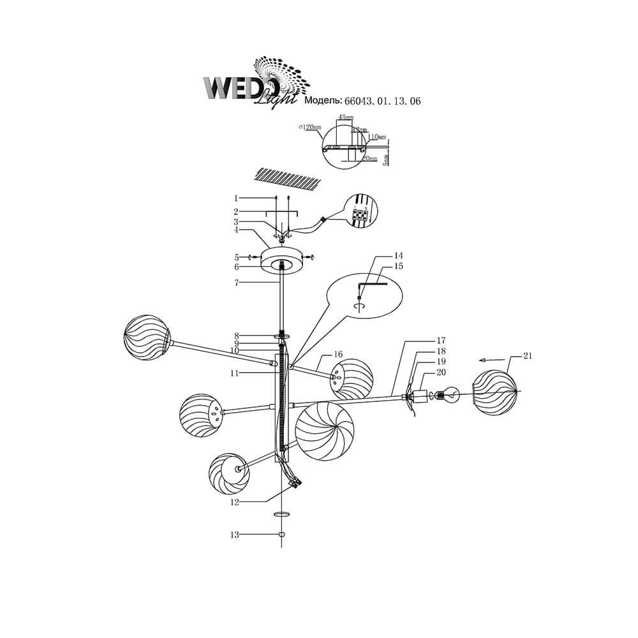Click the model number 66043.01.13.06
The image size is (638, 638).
coord(382,101)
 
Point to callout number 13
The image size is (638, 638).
coord(235,535)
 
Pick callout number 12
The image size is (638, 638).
coord(235,502)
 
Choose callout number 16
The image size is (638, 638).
coord(338,353)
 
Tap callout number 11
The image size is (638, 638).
coord(235,373)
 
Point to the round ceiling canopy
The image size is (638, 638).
coord(281,262)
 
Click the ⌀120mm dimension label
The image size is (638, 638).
coord(309,128)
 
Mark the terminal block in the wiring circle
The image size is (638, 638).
coord(360,214)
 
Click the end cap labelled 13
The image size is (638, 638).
coord(281,535)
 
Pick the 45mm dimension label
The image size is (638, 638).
coord(345,117)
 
